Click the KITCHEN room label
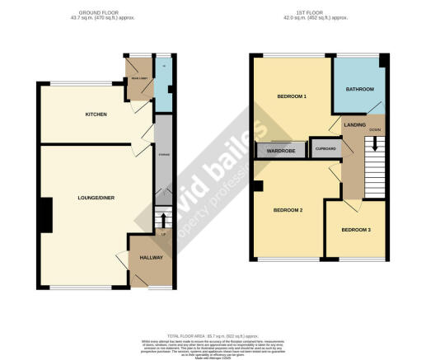pos(96,115)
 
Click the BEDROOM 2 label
pos(288,211)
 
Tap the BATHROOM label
pos(360,89)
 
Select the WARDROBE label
pos(281,151)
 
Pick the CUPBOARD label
pos(323,150)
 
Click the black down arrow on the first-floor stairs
pos(376,145)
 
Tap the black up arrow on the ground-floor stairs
pos(162,220)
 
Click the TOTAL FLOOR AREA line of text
pos(213,336)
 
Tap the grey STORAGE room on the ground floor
pos(162,157)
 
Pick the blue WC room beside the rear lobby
pos(163,82)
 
